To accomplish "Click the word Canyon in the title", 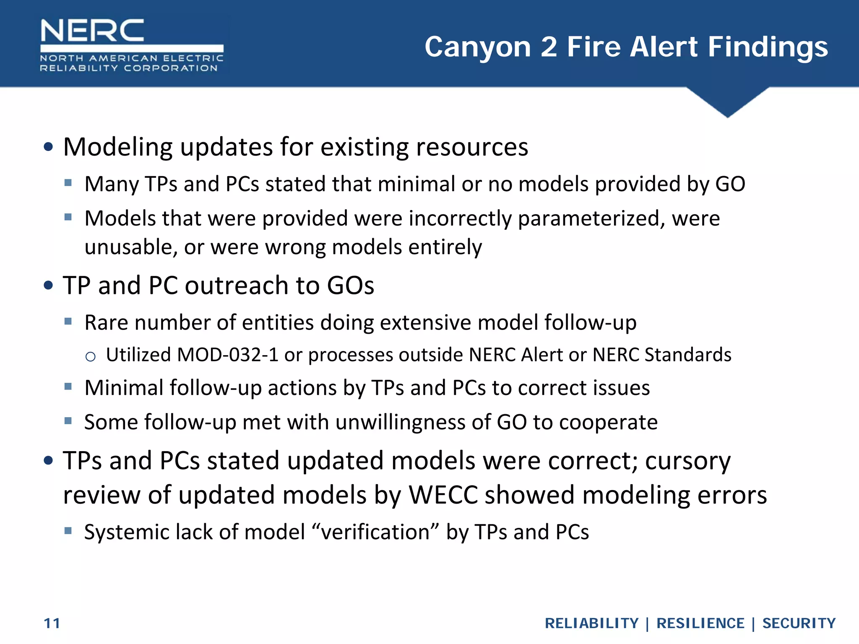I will [x=478, y=47].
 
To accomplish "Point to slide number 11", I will [x=52, y=623].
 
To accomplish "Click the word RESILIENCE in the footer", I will [x=700, y=623].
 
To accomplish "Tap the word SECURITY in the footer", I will [x=799, y=623].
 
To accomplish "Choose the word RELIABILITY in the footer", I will [x=591, y=623].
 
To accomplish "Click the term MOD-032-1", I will [x=228, y=355].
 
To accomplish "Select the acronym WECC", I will [x=443, y=495].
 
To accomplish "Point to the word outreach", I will [x=237, y=286].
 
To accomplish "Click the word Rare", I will [x=106, y=322].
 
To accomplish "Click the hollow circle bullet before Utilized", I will [x=90, y=357].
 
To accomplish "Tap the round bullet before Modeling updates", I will [x=49, y=147].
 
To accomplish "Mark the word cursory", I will [x=688, y=461].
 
